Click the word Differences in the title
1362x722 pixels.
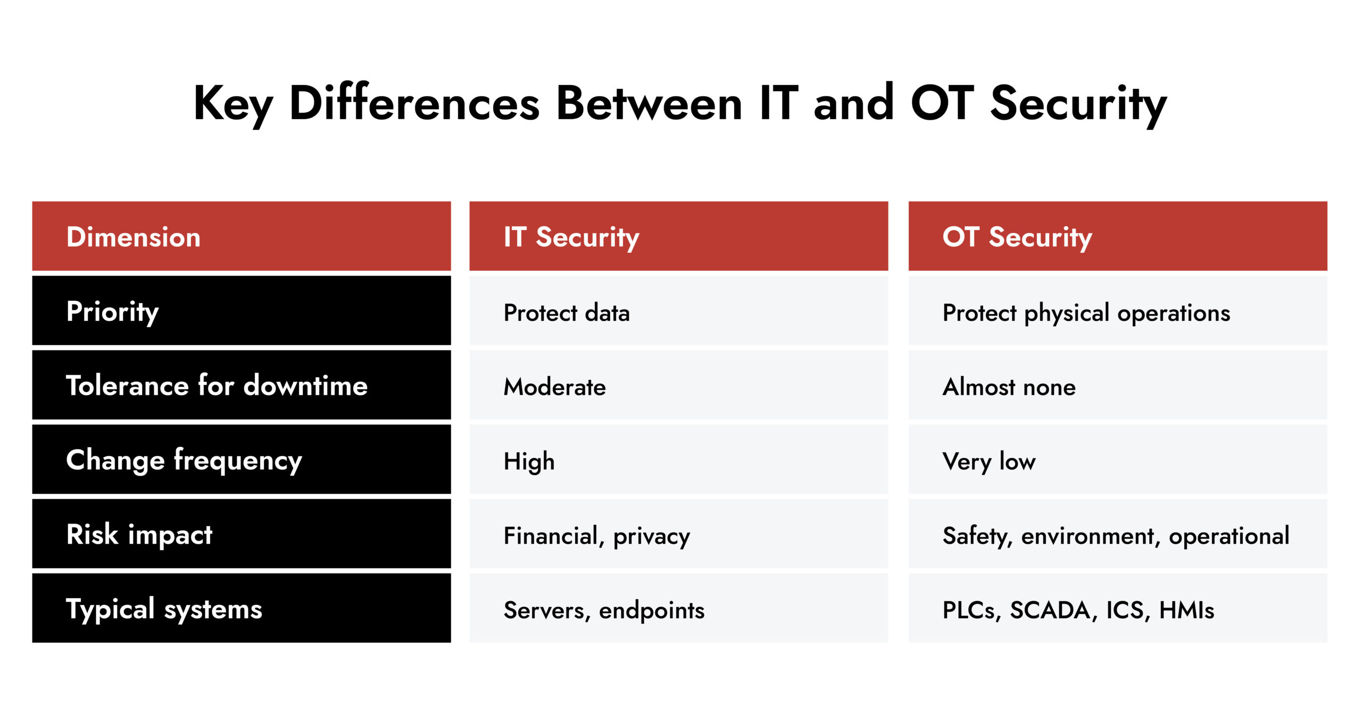pos(414,103)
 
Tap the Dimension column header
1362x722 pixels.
pos(134,237)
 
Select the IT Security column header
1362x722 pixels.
pos(571,237)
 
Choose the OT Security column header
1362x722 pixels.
pos(1017,237)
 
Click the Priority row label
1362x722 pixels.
pos(112,312)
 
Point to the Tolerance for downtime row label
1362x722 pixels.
pos(217,386)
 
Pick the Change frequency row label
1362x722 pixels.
pos(184,460)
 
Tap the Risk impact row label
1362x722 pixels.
pos(139,535)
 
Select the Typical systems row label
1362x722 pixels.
pos(164,609)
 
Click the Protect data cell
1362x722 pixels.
pos(567,313)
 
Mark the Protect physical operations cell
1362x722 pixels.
pos(1086,313)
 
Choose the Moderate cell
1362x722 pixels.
pos(554,387)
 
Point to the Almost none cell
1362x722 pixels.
pos(1009,387)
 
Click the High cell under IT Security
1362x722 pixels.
pos(529,461)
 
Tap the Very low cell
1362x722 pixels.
pos(989,461)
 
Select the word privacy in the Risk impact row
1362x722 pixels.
pos(651,536)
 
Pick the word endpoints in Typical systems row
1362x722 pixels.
pos(651,610)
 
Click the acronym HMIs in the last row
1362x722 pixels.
pos(1186,610)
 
